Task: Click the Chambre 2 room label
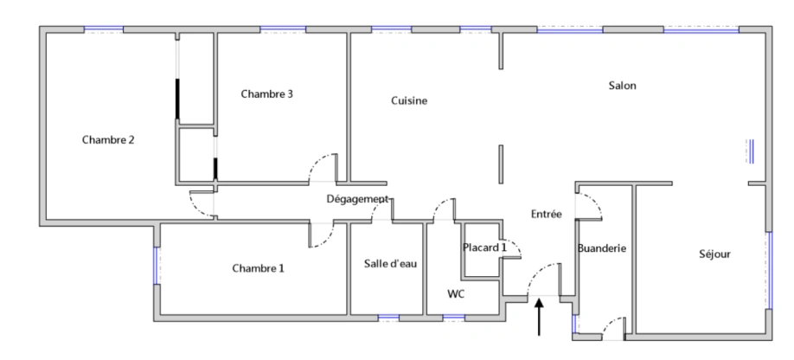coord(108,139)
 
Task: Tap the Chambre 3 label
coord(266,93)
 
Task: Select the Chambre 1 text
coord(258,268)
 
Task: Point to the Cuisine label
coord(409,100)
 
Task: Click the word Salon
coord(622,85)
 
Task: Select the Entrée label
coord(547,213)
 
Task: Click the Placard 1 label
coord(485,247)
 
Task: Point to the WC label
coord(456,294)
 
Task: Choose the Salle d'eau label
coord(391,263)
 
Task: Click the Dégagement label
coord(357,199)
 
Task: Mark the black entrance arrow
coord(541,315)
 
